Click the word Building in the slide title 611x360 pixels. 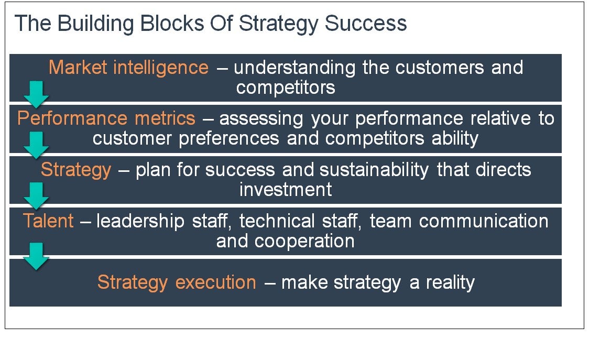coord(95,24)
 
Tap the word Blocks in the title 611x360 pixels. coord(172,24)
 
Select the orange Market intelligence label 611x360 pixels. coord(128,68)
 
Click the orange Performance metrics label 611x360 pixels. coord(106,118)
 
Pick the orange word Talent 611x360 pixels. coord(48,221)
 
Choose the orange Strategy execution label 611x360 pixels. coord(177,283)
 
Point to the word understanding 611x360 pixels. coord(294,68)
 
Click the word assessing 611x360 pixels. coord(261,119)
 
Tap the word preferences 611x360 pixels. coord(229,139)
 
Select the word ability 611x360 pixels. coord(455,139)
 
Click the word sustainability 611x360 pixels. coord(374,170)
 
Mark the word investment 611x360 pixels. coord(286,190)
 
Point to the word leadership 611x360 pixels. coord(140,222)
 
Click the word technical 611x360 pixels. coord(277,221)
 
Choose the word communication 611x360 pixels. coord(484,221)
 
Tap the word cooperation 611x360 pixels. coord(304,242)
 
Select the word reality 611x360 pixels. coord(450,283)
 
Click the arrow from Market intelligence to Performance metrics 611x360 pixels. coord(36,95)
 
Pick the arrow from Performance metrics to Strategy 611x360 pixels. coord(36,145)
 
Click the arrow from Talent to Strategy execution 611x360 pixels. coord(36,256)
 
